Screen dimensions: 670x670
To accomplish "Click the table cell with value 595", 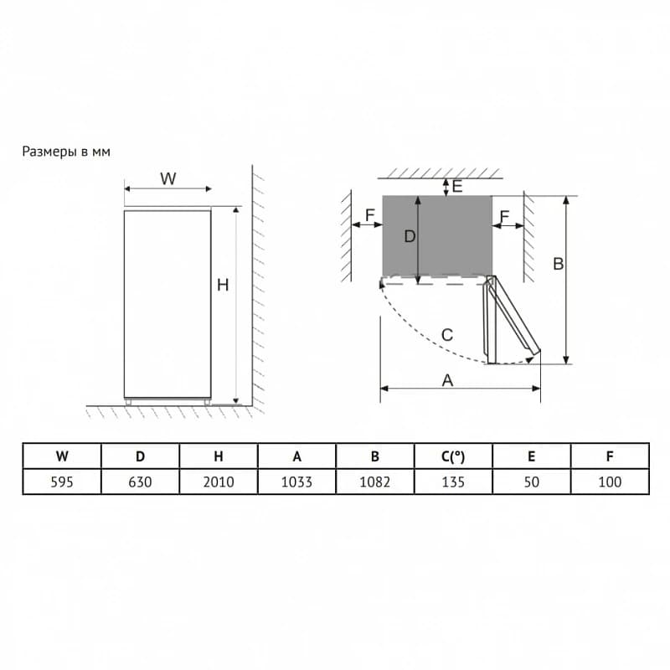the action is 62,482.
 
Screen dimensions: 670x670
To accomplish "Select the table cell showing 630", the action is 140,482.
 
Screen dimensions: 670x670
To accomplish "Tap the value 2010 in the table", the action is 219,482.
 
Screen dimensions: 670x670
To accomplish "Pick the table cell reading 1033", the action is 296,482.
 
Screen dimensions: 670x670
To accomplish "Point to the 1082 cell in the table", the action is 374,482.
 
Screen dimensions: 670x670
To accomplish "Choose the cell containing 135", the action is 453,482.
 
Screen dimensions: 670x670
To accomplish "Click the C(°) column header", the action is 453,456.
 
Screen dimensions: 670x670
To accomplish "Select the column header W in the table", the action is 62,456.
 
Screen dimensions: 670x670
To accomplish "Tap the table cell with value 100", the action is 610,482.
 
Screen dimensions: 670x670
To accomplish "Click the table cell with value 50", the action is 531,482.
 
